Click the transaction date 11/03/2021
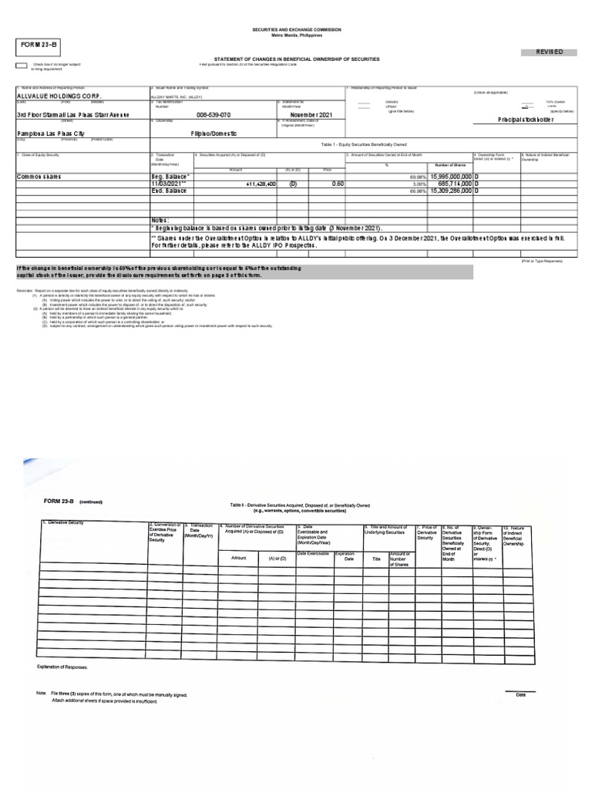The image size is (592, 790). tap(169, 184)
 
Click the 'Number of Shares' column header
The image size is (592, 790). tap(449, 165)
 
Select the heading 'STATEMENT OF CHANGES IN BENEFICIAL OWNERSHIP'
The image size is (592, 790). tap(296, 59)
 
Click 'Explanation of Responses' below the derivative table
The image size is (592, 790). tap(62, 667)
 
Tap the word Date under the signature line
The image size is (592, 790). tap(521, 695)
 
